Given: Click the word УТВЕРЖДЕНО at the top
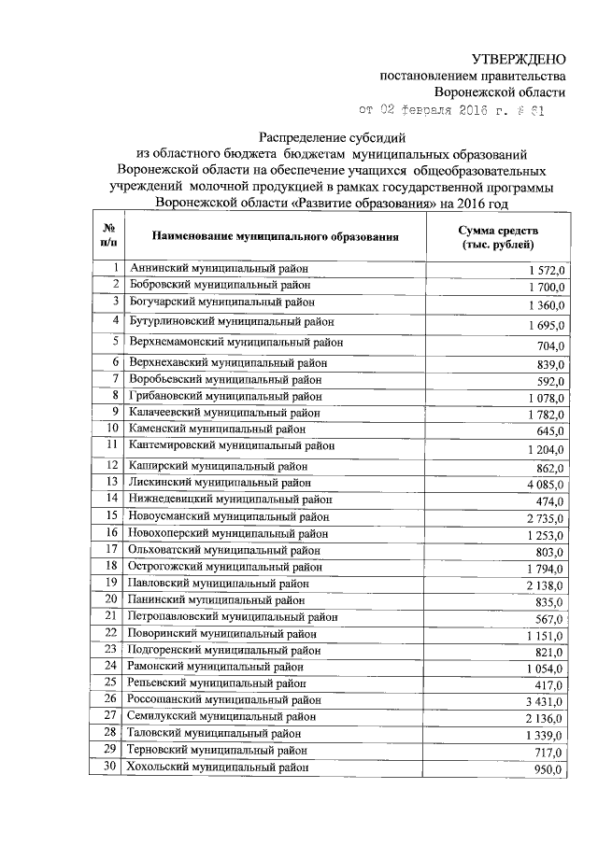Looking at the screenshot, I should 519,58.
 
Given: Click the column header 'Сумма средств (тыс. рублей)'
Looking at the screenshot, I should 498,236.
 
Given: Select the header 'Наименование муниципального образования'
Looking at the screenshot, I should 276,237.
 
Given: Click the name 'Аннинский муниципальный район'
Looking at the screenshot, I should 219,269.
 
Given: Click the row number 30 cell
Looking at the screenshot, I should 110,768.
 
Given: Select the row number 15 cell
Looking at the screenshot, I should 110,515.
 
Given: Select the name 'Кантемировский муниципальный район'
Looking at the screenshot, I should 232,445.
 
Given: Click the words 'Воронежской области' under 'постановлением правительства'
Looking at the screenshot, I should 500,92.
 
